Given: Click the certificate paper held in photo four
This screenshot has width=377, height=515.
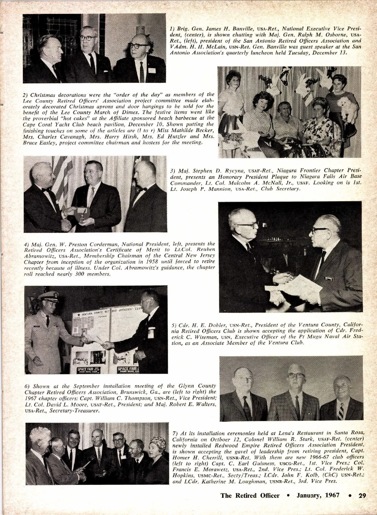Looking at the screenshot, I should coord(287,284).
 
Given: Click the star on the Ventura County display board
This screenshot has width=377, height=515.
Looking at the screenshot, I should coord(75,315).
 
